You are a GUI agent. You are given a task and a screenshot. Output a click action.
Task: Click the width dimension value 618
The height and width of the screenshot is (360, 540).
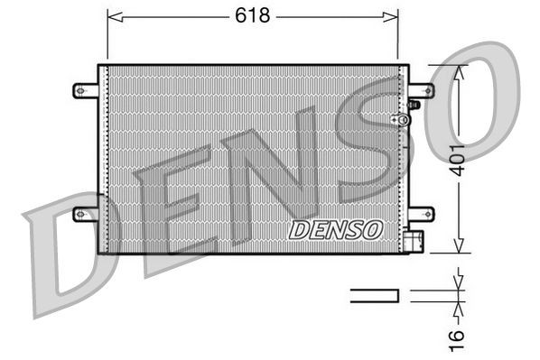pos(253,15)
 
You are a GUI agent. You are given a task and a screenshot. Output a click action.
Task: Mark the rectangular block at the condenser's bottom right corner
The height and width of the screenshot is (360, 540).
pos(414,242)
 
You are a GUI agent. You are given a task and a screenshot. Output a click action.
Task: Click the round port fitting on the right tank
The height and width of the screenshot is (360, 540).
pos(395,119)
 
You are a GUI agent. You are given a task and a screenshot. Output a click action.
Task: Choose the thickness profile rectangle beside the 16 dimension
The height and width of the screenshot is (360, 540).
pos(374,293)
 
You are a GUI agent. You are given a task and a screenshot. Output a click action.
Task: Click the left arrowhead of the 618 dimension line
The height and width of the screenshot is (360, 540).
pos(112,15)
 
